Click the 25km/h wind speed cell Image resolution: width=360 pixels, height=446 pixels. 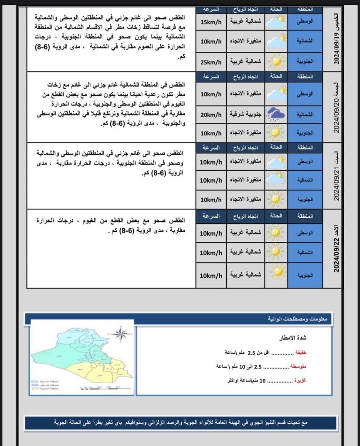tap(211, 61)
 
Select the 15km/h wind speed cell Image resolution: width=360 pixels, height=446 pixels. tap(211, 21)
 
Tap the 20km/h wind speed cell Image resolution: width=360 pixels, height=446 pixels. tap(211, 115)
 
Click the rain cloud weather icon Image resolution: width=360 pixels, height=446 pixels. tap(276, 115)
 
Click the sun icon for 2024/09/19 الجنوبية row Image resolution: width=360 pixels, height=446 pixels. tap(276, 61)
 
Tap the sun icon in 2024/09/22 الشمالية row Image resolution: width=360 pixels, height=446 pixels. tap(275, 252)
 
